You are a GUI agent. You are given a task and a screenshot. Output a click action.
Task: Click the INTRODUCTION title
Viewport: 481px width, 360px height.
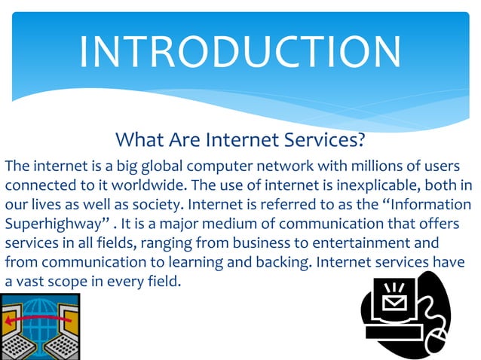240,51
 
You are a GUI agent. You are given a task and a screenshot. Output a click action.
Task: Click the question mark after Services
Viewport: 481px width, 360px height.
362,140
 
